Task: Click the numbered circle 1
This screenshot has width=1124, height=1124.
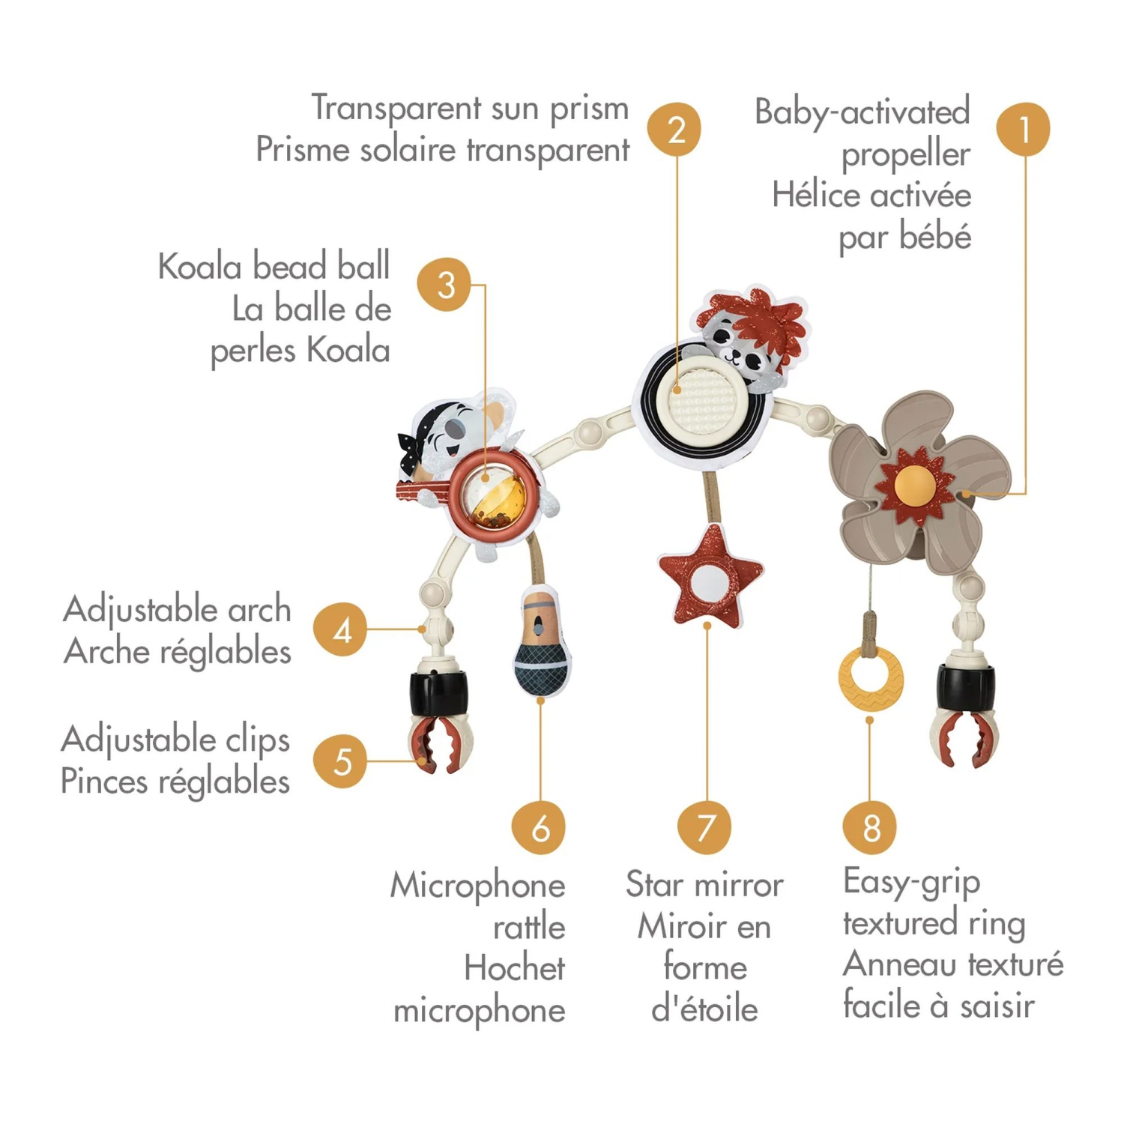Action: point(1023,129)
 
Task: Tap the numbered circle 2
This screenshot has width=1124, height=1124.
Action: point(674,129)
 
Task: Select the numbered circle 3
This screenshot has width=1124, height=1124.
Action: point(445,285)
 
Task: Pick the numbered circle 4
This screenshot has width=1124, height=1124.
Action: point(340,629)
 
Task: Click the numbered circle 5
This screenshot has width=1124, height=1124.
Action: point(340,761)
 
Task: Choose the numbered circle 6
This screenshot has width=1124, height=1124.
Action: point(539,827)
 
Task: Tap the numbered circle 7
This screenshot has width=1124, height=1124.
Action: point(704,827)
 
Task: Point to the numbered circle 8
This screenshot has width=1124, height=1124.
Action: point(869,827)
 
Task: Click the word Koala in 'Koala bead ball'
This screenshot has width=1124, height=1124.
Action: point(200,267)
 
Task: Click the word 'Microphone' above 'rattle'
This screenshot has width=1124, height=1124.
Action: point(478,886)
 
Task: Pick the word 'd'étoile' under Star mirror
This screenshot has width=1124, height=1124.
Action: point(704,1009)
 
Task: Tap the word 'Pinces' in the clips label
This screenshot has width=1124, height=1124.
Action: point(105,782)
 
